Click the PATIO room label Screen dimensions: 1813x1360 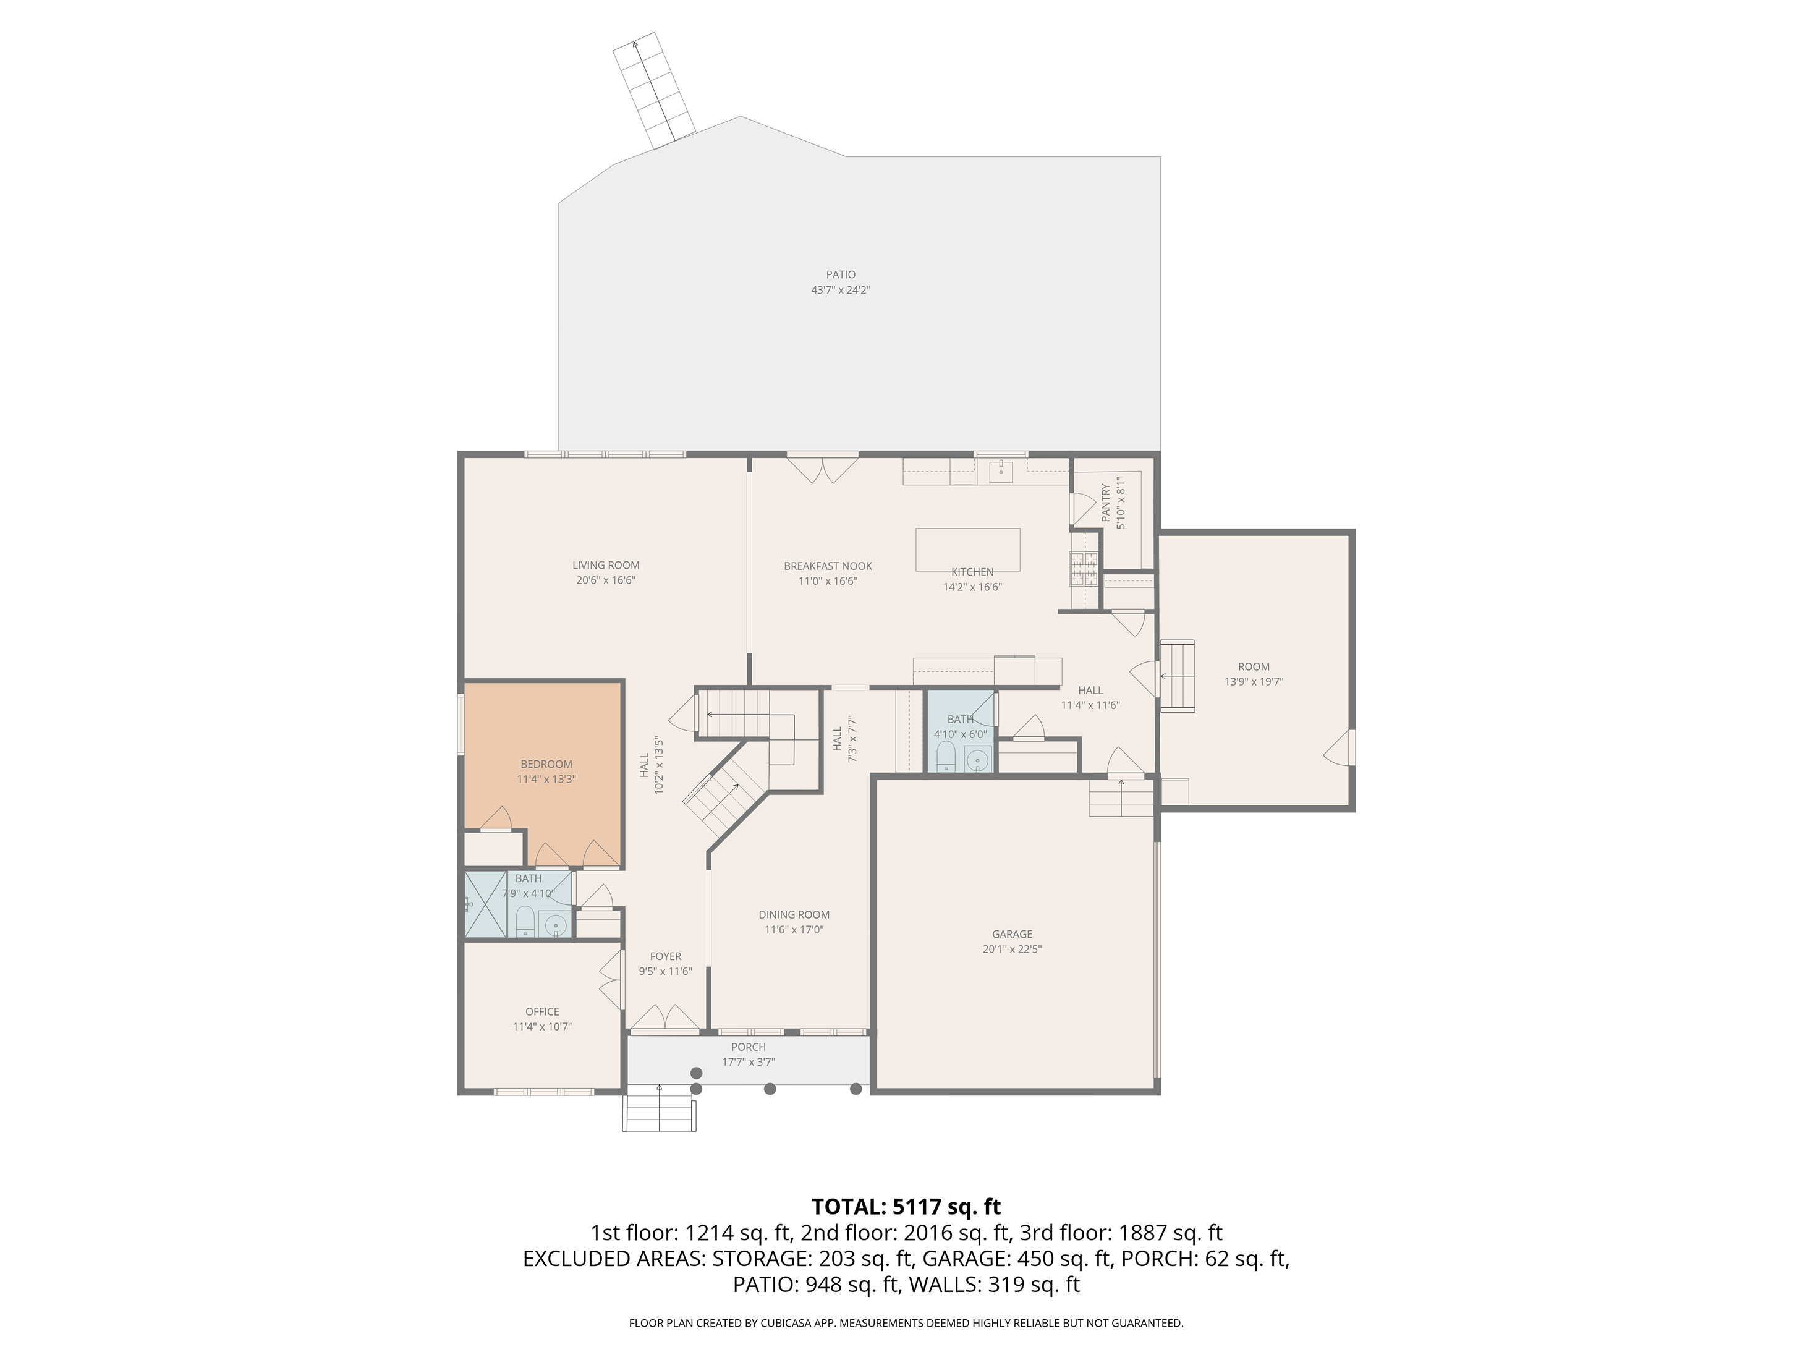(840, 274)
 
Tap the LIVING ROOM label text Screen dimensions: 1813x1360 (606, 565)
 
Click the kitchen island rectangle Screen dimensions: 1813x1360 (968, 549)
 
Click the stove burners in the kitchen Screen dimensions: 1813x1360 (1084, 568)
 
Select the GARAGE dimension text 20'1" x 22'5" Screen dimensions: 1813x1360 (1013, 950)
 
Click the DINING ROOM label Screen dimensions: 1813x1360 (794, 915)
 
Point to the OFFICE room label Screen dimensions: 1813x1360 (541, 1011)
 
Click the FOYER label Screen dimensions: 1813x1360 (666, 956)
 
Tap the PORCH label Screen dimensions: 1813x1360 (749, 1047)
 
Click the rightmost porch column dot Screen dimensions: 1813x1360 (856, 1089)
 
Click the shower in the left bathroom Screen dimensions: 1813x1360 (486, 904)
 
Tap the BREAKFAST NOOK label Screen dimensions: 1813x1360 (828, 566)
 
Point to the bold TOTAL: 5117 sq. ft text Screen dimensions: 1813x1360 (906, 1207)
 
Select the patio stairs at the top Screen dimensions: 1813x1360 (655, 91)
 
